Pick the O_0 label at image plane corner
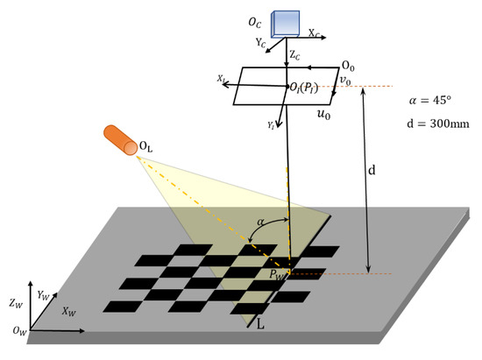point(349,67)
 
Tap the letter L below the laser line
point(260,322)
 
